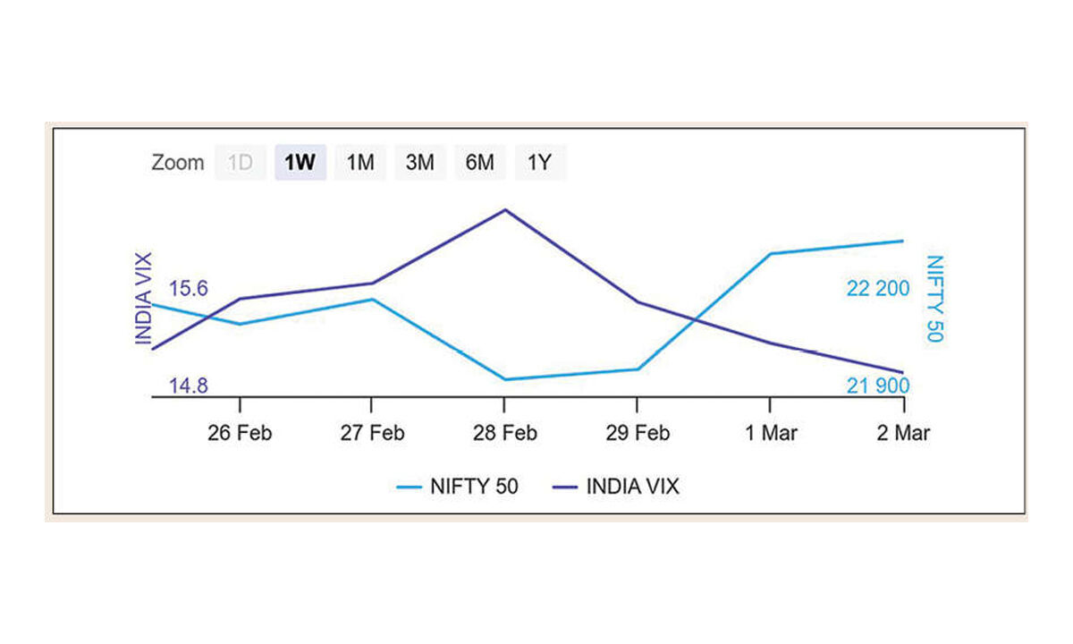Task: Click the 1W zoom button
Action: coord(300,164)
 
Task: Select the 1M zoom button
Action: coord(360,164)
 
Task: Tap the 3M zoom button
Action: coord(420,164)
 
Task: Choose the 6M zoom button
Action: coord(480,164)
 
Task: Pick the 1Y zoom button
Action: coord(540,164)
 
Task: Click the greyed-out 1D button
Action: coord(240,164)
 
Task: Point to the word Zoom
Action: coord(177,164)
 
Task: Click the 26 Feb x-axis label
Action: coord(239,433)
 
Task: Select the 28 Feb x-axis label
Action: coord(505,433)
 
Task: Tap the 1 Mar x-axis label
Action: coord(771,433)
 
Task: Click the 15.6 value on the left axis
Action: coord(189,288)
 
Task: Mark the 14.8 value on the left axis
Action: coord(189,386)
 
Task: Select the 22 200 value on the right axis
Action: coord(878,288)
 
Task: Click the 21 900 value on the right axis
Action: coord(878,386)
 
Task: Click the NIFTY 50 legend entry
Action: coord(457,487)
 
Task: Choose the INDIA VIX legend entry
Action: coord(616,487)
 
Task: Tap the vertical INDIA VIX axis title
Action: coord(143,299)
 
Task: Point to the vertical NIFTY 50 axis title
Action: coord(934,299)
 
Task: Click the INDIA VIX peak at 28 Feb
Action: coord(505,210)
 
